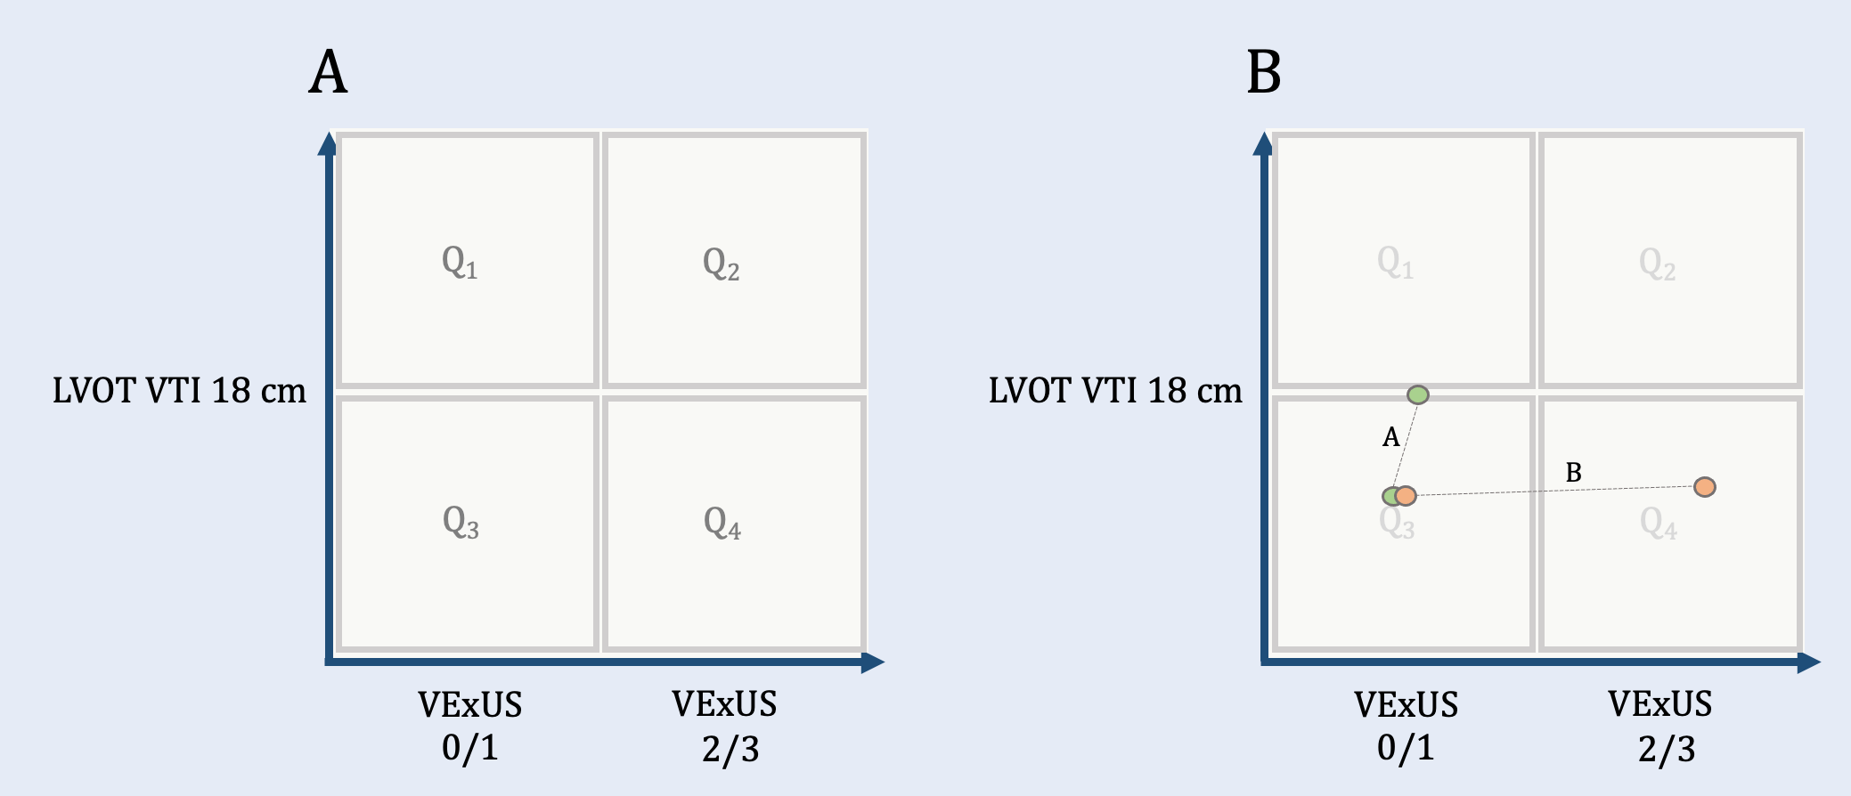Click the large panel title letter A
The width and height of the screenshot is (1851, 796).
[x=328, y=72]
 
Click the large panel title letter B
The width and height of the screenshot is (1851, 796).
[x=1263, y=72]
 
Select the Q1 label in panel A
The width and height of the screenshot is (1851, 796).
[x=460, y=263]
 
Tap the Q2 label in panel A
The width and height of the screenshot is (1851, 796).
[x=721, y=264]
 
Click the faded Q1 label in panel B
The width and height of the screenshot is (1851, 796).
[x=1395, y=263]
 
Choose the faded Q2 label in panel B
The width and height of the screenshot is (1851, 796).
[x=1657, y=264]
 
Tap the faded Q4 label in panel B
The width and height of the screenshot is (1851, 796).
[x=1658, y=524]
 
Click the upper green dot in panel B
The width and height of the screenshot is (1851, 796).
[x=1417, y=394]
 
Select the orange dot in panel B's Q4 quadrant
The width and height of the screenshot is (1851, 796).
[x=1704, y=487]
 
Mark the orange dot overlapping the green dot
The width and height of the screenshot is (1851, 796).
[x=1406, y=496]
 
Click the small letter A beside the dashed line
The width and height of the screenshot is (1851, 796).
[x=1390, y=437]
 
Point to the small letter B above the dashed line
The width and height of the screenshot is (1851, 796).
[x=1573, y=473]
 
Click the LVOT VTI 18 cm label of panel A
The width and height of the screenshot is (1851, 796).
[x=179, y=391]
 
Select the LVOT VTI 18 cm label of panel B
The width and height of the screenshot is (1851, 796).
[x=1115, y=391]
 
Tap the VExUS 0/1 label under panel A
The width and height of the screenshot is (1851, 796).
[x=470, y=726]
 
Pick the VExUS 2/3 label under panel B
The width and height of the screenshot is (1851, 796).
[x=1660, y=726]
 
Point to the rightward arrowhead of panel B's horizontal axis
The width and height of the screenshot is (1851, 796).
[x=1808, y=662]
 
